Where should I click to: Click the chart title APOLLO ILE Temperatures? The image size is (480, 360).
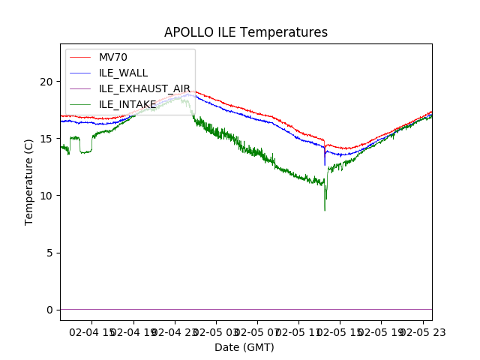point(245,32)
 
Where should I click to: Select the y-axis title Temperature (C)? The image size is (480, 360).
point(29,181)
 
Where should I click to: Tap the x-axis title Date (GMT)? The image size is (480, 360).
point(244,347)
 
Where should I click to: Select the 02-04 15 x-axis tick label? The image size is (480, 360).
point(91,331)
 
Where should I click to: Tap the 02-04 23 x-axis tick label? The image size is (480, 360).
point(174,331)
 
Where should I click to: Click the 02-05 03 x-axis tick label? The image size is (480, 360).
point(215,331)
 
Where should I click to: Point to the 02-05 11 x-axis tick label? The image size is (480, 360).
point(298,331)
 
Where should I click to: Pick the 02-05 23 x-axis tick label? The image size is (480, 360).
point(421,331)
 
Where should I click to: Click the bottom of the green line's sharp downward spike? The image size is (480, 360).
point(325,210)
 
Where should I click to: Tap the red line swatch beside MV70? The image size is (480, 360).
point(82,57)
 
